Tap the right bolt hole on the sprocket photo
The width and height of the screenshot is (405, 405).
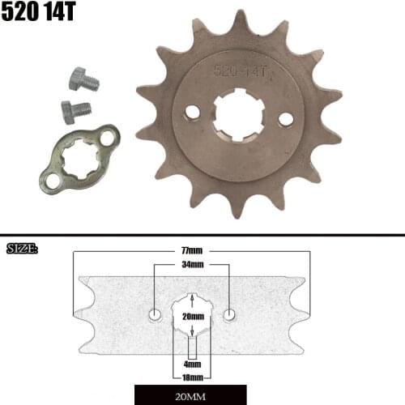point(285,119)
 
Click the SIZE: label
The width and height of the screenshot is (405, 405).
point(22,248)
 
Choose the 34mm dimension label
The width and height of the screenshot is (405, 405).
point(192,265)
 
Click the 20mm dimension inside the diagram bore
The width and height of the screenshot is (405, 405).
point(192,316)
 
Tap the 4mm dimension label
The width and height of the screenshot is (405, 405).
point(192,366)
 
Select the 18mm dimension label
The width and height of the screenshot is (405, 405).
point(192,377)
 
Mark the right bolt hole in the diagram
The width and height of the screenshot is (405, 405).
point(230,313)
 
